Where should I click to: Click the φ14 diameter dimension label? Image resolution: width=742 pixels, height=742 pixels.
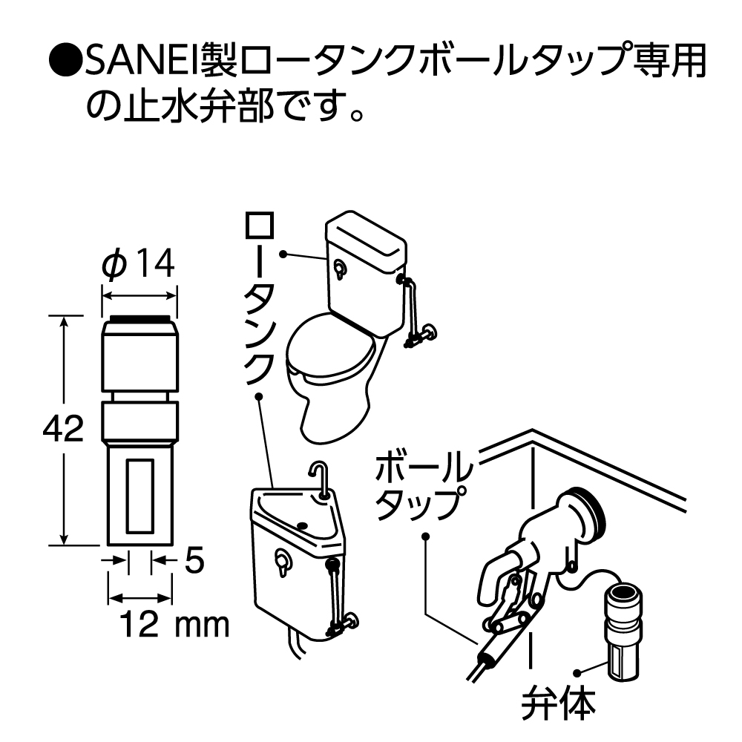[139, 263]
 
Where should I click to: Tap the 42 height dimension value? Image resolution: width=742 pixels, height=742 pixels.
[63, 430]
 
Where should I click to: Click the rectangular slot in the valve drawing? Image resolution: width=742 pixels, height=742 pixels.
[139, 495]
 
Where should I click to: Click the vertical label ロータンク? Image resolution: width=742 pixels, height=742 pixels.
[259, 297]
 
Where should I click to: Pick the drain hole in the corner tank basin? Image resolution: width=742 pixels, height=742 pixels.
[303, 525]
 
